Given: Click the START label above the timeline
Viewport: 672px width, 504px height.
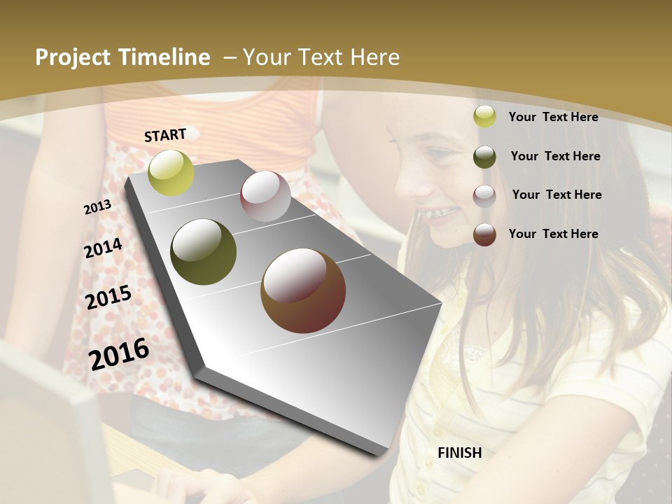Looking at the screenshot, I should (x=165, y=135).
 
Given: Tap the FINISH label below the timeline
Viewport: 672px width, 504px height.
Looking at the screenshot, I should (x=459, y=453).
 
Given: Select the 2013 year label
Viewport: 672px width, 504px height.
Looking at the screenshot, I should (x=97, y=206).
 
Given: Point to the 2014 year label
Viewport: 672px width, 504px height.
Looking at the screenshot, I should (x=103, y=248).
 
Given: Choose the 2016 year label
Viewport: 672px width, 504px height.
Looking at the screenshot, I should (x=119, y=353).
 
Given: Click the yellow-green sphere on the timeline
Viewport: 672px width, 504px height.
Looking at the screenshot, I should (x=171, y=172).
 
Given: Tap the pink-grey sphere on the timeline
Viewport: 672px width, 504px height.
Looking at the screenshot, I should (x=265, y=196).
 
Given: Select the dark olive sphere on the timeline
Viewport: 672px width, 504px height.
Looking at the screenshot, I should (x=204, y=252).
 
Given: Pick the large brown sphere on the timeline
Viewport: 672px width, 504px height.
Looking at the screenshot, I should (x=303, y=290).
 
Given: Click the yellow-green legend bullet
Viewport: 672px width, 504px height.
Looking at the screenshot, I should (x=484, y=117).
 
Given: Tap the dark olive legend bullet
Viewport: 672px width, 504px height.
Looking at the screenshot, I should (x=484, y=157).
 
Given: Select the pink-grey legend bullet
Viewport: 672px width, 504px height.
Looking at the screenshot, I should (x=484, y=196).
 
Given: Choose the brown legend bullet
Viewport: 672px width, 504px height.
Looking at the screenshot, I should (x=484, y=234).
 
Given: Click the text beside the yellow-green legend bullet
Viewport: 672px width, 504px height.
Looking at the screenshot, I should (x=553, y=118).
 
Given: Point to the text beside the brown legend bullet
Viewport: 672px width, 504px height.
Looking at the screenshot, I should (x=553, y=234).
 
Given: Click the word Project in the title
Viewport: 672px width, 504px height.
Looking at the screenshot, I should (x=73, y=57).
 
